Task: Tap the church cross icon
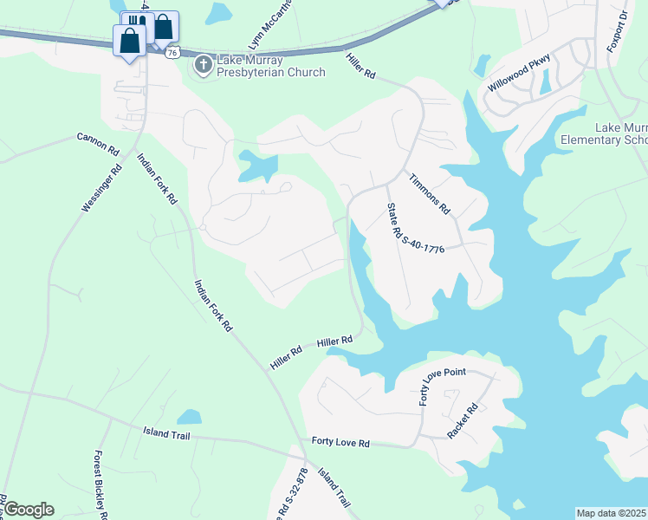203,65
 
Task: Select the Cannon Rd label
98,143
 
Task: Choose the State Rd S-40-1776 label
416,229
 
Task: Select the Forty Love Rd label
340,443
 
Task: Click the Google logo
29,510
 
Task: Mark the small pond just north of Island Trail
189,418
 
